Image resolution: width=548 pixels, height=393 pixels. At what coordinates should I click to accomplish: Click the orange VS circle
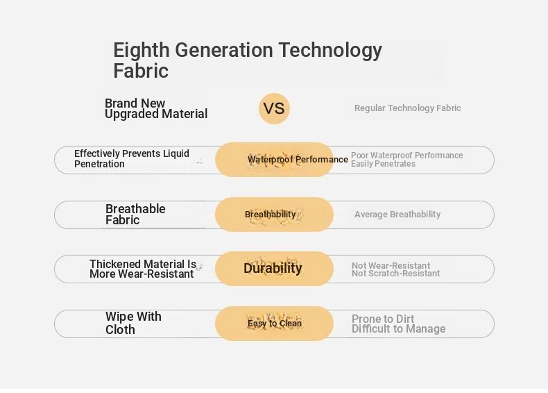coord(275,108)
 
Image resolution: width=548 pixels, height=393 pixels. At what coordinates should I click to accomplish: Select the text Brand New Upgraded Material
coord(156,108)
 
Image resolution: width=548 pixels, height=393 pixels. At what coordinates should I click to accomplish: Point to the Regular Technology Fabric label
coord(407,108)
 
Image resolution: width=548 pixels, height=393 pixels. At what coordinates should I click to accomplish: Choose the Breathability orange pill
coord(274,215)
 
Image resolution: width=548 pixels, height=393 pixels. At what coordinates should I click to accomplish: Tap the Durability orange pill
coord(274,269)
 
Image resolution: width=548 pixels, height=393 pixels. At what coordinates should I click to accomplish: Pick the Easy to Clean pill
coord(274,324)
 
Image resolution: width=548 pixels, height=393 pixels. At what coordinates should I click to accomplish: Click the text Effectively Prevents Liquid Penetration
coord(131,158)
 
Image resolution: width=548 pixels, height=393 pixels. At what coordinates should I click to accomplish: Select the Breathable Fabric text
coord(135,214)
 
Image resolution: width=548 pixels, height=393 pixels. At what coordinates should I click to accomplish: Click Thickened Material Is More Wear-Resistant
coord(143,269)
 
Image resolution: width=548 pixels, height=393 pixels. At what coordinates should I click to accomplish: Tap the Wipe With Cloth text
coord(133,323)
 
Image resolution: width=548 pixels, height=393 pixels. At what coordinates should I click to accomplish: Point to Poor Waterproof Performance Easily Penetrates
coord(406,160)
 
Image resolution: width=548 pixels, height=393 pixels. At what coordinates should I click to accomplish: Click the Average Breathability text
coord(397,215)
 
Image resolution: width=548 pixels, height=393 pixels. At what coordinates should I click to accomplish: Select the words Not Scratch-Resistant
coord(395,274)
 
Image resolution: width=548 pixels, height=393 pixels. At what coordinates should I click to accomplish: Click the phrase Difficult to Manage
coord(398,329)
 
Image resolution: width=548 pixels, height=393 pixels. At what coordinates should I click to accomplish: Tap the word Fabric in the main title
coord(141,71)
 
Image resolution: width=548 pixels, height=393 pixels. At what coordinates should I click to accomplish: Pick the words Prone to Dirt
coord(383,319)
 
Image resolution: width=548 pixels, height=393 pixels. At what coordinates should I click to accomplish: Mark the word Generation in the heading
coord(224,50)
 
